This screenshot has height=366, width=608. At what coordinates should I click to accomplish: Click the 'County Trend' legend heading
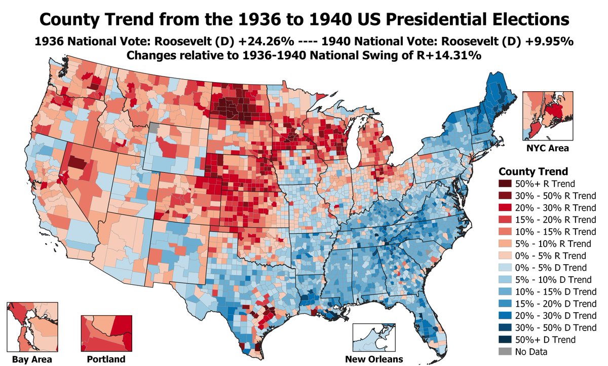click(534, 171)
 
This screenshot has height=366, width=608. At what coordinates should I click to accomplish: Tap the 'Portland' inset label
click(106, 359)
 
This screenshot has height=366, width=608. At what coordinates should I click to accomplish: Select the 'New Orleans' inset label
click(374, 359)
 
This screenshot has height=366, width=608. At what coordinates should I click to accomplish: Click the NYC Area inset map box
click(548, 116)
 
